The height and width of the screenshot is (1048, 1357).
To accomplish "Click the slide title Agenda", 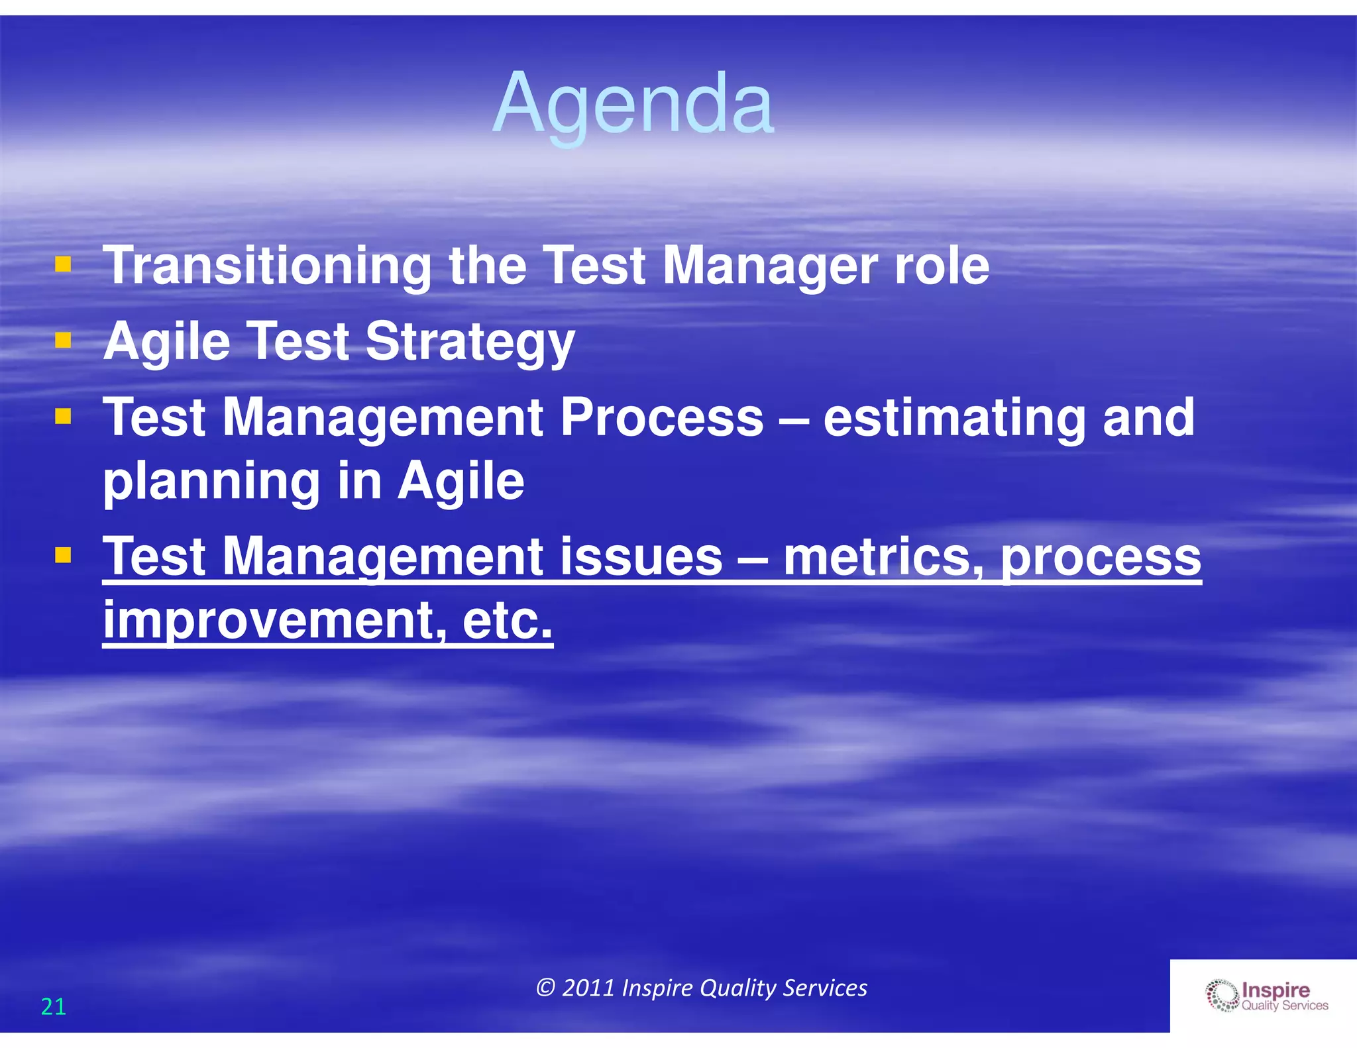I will [633, 105].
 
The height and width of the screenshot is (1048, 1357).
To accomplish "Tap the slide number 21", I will [53, 1007].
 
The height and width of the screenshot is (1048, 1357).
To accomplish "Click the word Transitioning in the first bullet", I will [267, 266].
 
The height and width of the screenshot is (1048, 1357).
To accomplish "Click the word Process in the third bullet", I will [662, 417].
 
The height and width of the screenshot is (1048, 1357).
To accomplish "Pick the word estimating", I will [954, 419].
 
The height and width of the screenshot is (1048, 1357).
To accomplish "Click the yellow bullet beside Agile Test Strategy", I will [63, 341].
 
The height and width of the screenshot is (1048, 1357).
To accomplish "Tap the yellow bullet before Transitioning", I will [63, 265].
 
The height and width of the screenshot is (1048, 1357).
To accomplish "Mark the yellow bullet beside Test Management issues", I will [63, 554].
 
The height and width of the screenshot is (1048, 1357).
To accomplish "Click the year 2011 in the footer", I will [588, 988].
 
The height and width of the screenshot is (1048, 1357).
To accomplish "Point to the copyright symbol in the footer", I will [545, 988].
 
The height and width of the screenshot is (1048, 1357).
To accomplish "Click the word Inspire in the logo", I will [1276, 990].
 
